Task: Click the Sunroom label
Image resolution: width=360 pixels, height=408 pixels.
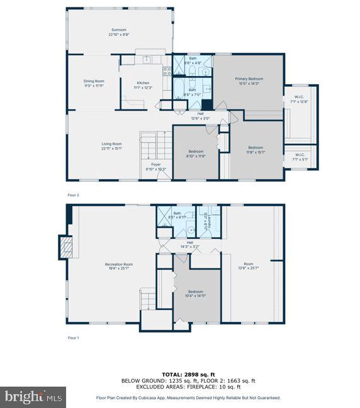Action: [x=119, y=32]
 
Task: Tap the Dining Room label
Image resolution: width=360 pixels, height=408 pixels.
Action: [x=94, y=83]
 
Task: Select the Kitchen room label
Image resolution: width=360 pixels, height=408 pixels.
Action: [x=143, y=85]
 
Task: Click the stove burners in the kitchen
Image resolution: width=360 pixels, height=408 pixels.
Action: [x=167, y=72]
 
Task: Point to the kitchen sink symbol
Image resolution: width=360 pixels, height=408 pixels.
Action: [x=146, y=60]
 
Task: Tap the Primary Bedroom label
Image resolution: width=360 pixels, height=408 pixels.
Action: [x=249, y=80]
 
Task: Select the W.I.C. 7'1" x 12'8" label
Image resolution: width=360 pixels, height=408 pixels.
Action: [x=301, y=99]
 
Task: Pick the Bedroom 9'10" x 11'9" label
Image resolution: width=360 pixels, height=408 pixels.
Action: [x=196, y=153]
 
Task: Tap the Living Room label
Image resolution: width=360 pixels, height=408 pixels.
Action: [x=111, y=146]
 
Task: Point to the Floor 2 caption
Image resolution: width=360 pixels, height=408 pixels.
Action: [x=74, y=196]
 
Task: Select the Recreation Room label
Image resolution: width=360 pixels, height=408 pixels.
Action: [x=119, y=266]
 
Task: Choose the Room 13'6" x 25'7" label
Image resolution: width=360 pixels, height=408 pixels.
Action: [x=249, y=266]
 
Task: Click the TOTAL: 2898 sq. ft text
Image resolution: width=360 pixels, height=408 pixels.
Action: [x=179, y=374]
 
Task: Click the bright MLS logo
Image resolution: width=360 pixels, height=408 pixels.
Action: [x=34, y=397]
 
